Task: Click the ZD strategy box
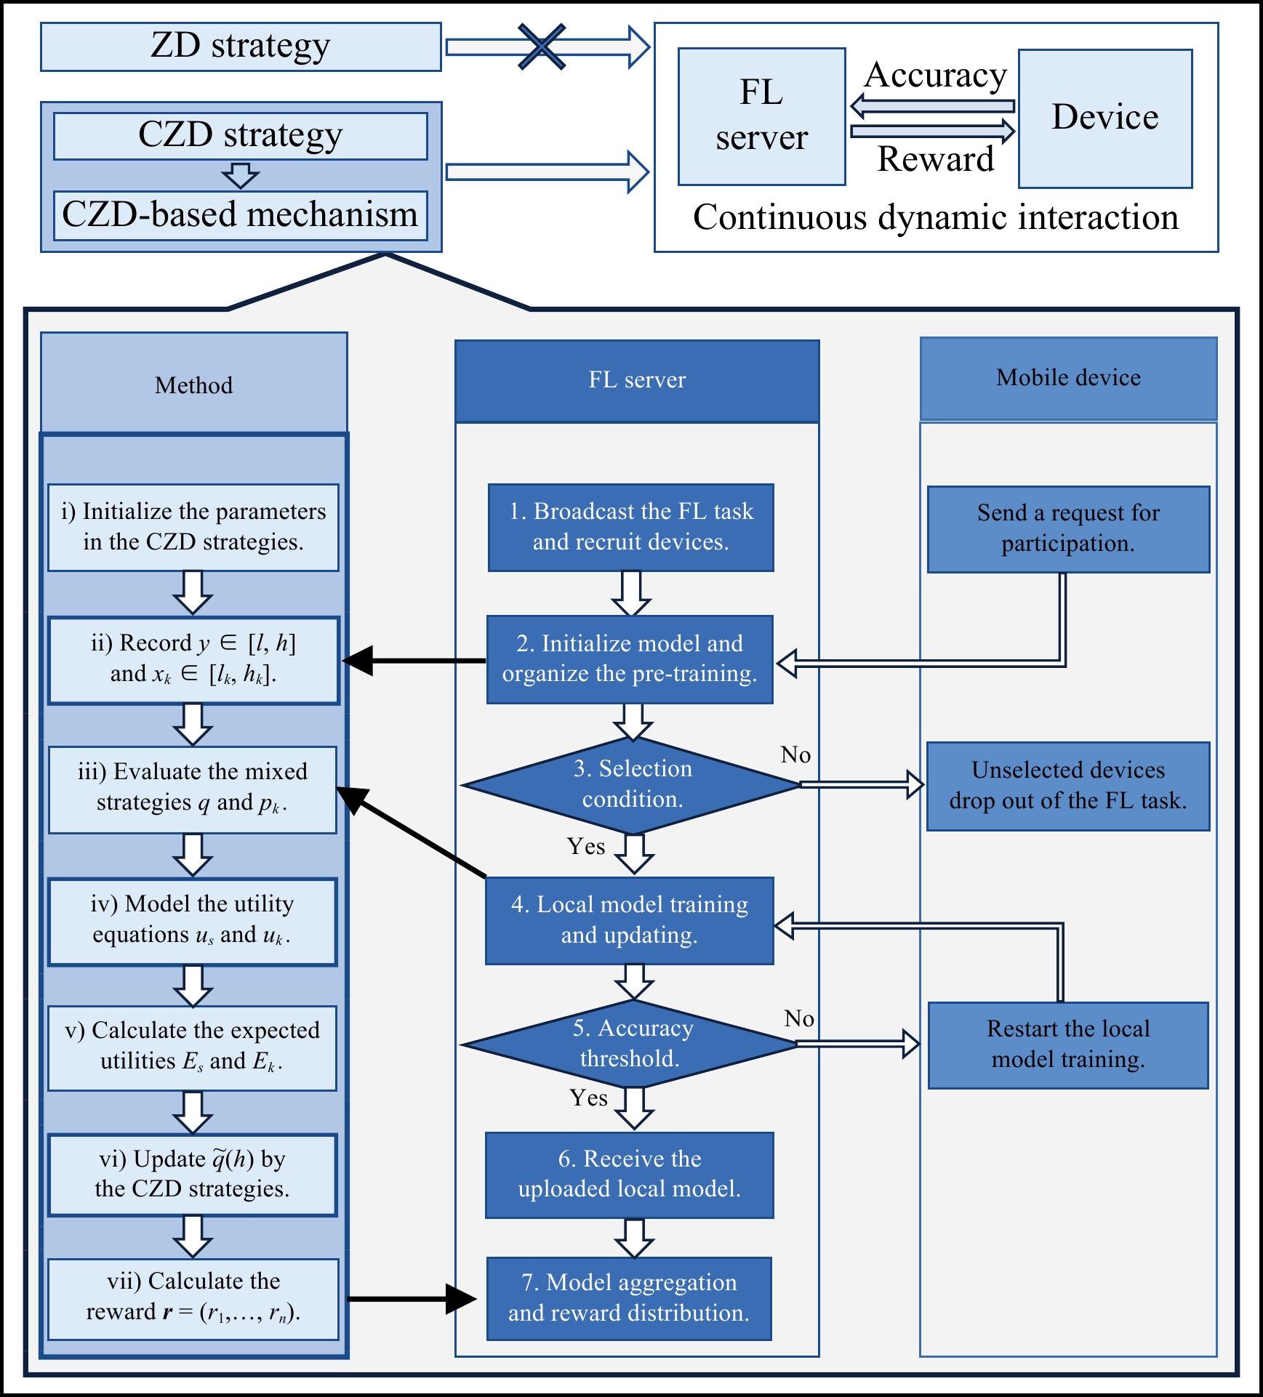tap(241, 47)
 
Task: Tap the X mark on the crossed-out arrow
tap(542, 47)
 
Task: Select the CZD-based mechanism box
tap(241, 215)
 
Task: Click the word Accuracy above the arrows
tap(936, 76)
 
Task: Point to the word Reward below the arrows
tap(935, 159)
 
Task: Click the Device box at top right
tap(1104, 118)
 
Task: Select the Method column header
tap(194, 384)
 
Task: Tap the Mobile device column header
tap(1068, 378)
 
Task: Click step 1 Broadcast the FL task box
tap(630, 527)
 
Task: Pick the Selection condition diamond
tap(632, 784)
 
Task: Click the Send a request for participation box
tap(1068, 528)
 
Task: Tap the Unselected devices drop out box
tap(1068, 786)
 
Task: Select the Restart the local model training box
tap(1068, 1044)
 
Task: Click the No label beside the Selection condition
tap(795, 755)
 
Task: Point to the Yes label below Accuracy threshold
tap(588, 1098)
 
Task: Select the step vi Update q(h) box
tap(193, 1174)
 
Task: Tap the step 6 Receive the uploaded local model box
tap(630, 1174)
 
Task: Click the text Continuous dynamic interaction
tap(935, 217)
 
